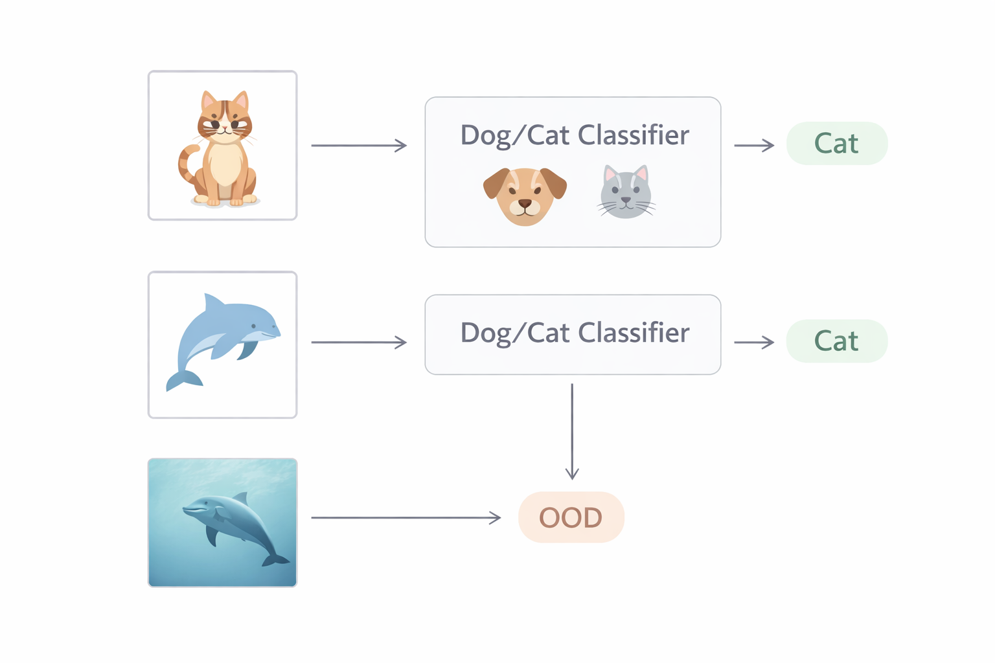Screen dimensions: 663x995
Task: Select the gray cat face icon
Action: click(625, 192)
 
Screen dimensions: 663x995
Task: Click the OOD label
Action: click(571, 517)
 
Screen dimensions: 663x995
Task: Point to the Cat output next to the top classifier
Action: click(836, 143)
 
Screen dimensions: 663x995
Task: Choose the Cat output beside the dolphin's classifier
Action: click(836, 341)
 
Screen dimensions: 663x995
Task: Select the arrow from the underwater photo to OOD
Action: click(406, 517)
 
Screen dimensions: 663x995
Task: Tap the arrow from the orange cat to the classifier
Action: click(359, 146)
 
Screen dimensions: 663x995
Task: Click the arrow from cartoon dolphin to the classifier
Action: click(359, 342)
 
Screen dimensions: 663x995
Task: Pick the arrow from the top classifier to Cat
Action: click(754, 146)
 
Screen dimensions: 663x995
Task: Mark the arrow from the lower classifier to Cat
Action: click(754, 342)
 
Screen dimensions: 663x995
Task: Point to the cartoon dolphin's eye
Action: click(254, 326)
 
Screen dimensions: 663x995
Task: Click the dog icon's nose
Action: click(525, 204)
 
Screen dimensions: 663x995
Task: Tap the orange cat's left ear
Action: click(209, 100)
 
